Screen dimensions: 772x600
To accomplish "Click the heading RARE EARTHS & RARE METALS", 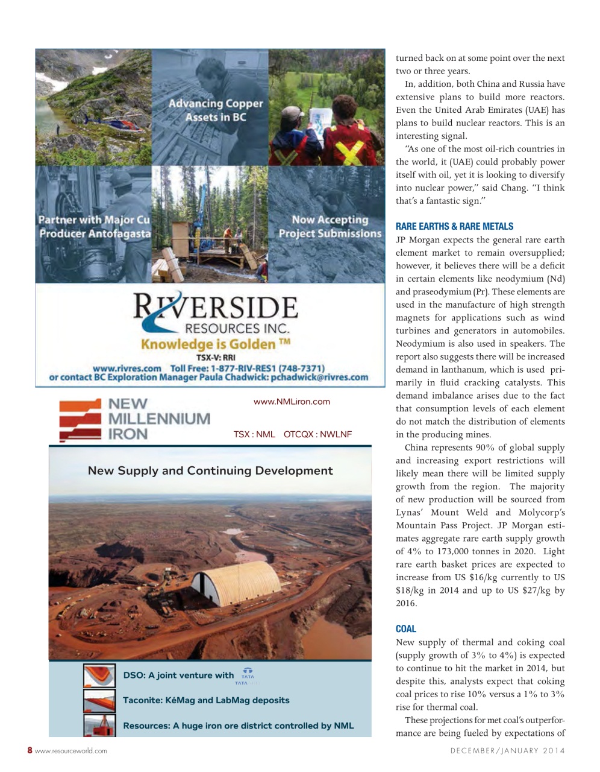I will tap(454, 227).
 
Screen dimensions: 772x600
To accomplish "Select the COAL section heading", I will tap(405, 629).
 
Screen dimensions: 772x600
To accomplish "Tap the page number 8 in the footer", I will tap(30, 750).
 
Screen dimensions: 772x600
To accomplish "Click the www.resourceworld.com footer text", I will tap(71, 751).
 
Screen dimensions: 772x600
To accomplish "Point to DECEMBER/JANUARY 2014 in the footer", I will tap(507, 751).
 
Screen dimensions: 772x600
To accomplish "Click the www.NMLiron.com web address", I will tap(292, 402).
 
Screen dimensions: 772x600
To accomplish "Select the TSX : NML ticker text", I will tap(254, 434).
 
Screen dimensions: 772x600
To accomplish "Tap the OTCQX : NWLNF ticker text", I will tap(317, 434).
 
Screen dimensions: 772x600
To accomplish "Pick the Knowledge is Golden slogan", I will tap(215, 344).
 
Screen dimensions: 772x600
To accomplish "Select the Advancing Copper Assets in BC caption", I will tap(216, 110).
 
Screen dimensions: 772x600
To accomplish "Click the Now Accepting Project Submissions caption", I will tap(330, 227).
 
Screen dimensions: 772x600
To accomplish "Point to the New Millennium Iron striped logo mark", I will tap(80, 419).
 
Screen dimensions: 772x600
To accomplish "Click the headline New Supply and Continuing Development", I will tap(210, 471).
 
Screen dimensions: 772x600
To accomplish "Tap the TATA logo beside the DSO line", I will tap(247, 676).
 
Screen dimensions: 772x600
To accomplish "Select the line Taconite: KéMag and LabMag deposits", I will tap(206, 701).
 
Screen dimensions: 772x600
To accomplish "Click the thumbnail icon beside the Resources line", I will tap(99, 726).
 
